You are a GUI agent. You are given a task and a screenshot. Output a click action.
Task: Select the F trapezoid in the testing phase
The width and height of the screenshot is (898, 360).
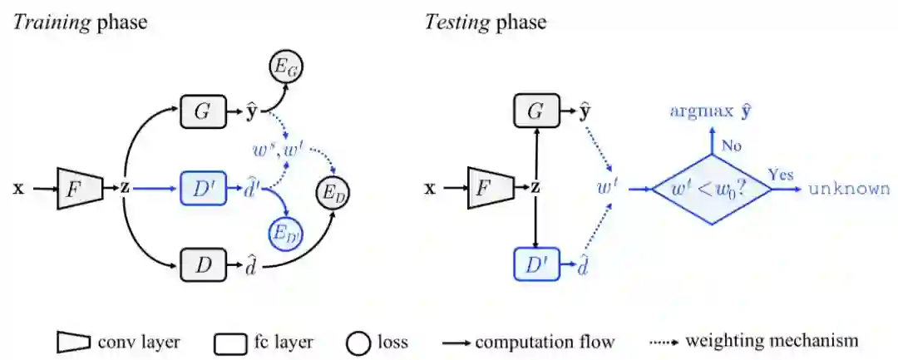coord(491,189)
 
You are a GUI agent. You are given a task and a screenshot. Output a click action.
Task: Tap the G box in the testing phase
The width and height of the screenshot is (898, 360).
coord(537,111)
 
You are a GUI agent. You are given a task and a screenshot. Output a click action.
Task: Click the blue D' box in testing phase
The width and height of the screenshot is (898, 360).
coord(537,266)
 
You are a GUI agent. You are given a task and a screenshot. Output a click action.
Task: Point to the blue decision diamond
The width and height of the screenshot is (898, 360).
coord(710,190)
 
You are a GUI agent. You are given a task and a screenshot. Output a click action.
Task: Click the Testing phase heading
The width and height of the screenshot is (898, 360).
coord(486,22)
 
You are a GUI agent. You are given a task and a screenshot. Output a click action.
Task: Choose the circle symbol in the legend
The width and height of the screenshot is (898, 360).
coord(358,342)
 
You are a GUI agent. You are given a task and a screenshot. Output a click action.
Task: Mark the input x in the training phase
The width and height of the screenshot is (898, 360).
coord(18,189)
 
